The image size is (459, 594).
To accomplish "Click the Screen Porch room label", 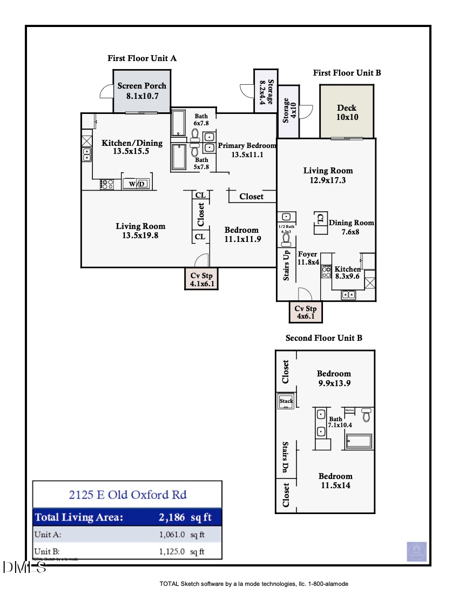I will (142, 86).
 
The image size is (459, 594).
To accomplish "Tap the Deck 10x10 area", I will (346, 112).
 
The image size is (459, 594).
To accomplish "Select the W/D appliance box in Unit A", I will (137, 184).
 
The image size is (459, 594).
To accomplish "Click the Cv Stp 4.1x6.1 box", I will (201, 279).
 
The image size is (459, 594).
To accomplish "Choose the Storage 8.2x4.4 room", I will (266, 91).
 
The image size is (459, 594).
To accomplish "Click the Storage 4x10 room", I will (289, 111).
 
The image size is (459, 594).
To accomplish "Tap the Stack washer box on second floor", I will (286, 401).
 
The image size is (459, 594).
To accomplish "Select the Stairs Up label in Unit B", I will (287, 265).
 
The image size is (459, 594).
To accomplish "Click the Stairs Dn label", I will (286, 457).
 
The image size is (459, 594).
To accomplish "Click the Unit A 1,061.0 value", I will (172, 535).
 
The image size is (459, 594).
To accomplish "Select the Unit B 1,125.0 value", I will (172, 551).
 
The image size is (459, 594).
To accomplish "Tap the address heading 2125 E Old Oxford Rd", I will (127, 494).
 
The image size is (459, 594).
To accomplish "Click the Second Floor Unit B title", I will (323, 338).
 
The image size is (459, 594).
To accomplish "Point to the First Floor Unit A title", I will (142, 58).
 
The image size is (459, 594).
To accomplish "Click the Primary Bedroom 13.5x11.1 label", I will (246, 150).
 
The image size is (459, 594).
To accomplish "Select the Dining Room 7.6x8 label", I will (352, 227).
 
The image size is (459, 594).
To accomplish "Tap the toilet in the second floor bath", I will (367, 415).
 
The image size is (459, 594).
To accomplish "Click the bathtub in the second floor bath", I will (359, 441).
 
